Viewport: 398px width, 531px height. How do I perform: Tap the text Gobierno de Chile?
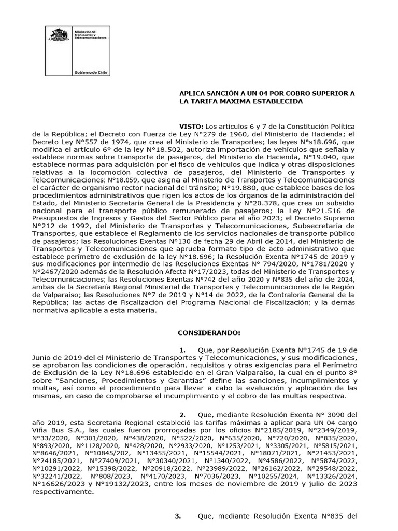coord(90,73)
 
